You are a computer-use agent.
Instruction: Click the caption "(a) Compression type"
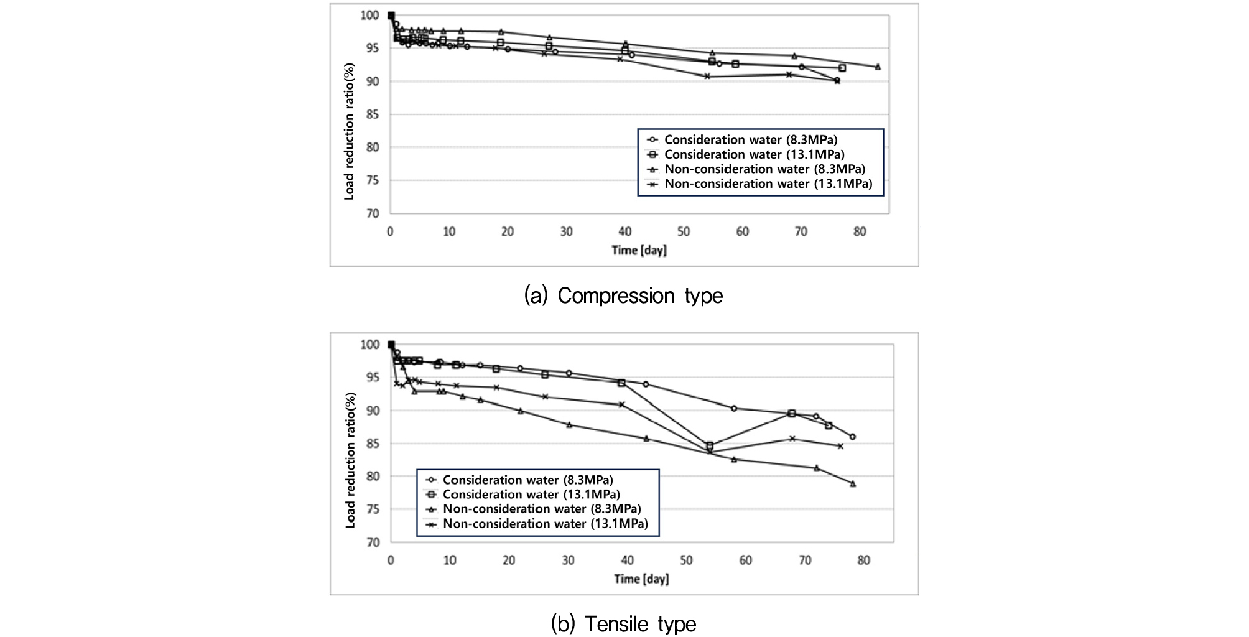click(623, 295)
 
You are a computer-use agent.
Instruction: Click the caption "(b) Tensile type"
click(623, 623)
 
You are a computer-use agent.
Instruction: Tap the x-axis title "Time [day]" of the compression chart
click(639, 250)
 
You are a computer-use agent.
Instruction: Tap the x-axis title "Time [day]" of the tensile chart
click(641, 579)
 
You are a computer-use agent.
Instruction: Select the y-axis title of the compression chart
click(349, 131)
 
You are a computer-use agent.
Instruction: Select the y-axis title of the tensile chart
click(350, 460)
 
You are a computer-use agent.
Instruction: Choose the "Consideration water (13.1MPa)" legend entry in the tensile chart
click(531, 495)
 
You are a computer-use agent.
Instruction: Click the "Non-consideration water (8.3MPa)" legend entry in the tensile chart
click(541, 509)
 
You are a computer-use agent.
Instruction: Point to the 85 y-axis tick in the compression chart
click(373, 114)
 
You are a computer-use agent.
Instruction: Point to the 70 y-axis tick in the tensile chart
click(373, 542)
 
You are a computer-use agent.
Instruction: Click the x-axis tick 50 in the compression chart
click(684, 231)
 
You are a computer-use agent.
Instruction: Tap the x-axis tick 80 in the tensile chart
click(863, 560)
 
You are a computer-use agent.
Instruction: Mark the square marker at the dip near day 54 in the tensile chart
click(710, 446)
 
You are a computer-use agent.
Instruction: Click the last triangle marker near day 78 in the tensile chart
click(853, 483)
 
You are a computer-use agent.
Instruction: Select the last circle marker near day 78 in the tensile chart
click(852, 437)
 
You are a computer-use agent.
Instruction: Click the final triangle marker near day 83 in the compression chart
click(878, 67)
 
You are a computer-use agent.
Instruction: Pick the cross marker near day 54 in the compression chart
click(707, 76)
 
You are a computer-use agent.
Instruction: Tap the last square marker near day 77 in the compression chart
click(842, 68)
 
